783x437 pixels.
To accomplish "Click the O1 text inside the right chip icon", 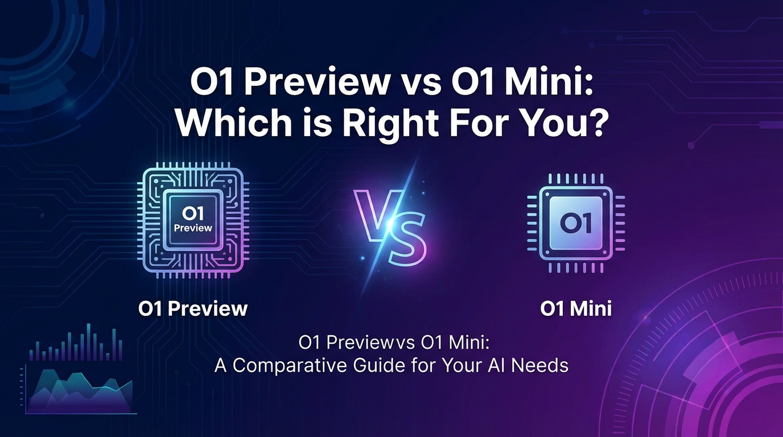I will point(575,222).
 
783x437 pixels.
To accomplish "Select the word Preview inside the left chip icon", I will point(192,228).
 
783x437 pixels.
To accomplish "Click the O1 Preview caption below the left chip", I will point(193,308).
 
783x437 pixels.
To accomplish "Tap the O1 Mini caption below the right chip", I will point(575,308).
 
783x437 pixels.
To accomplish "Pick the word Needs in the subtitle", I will point(541,365).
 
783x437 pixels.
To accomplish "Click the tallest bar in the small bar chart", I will point(88,342).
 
